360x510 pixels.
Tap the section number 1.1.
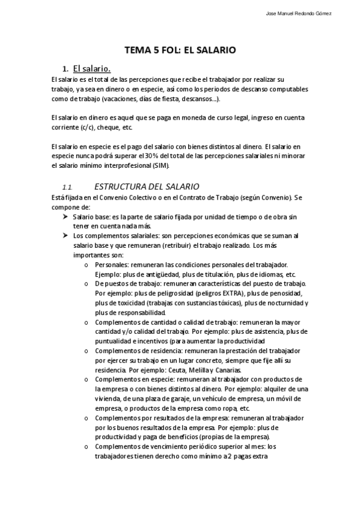[67, 187]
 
